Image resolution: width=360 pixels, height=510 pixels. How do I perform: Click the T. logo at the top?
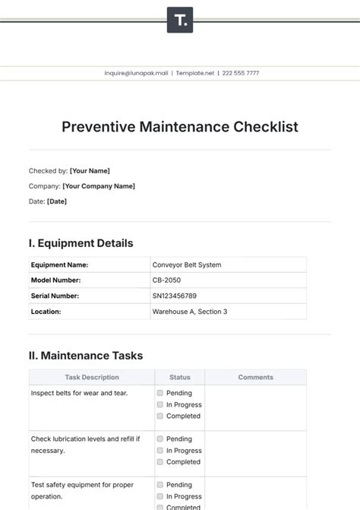pyautogui.click(x=180, y=21)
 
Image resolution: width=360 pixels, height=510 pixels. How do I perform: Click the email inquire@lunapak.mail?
pyautogui.click(x=137, y=73)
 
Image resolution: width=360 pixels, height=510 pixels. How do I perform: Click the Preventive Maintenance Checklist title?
pyautogui.click(x=180, y=127)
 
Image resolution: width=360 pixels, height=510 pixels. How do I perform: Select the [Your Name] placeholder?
pyautogui.click(x=90, y=171)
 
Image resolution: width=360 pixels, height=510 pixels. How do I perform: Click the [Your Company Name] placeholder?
pyautogui.click(x=99, y=186)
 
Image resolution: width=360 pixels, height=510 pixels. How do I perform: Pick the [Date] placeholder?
pyautogui.click(x=57, y=201)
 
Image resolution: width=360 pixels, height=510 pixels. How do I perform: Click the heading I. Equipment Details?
pyautogui.click(x=81, y=243)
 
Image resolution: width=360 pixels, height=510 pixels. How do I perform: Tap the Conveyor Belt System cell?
pyautogui.click(x=187, y=265)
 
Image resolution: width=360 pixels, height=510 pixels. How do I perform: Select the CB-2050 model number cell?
pyautogui.click(x=167, y=280)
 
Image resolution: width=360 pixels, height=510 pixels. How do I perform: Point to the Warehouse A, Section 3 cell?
pyautogui.click(x=190, y=312)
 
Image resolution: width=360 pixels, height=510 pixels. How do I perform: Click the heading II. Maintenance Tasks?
pyautogui.click(x=85, y=355)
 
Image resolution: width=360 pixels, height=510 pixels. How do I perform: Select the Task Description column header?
pyautogui.click(x=92, y=377)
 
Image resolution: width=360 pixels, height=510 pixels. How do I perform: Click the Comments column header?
pyautogui.click(x=255, y=377)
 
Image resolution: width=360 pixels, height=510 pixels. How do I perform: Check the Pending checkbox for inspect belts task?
pyautogui.click(x=160, y=393)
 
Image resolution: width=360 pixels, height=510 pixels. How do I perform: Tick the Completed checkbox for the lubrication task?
pyautogui.click(x=160, y=462)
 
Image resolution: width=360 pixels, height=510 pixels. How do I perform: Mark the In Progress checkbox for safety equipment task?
pyautogui.click(x=160, y=496)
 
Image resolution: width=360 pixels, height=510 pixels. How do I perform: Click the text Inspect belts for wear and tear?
pyautogui.click(x=79, y=393)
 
